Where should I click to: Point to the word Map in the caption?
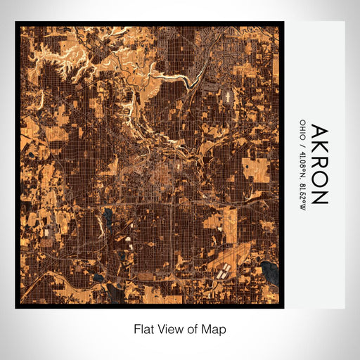click(214, 328)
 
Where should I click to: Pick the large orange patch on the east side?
click(256, 169)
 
